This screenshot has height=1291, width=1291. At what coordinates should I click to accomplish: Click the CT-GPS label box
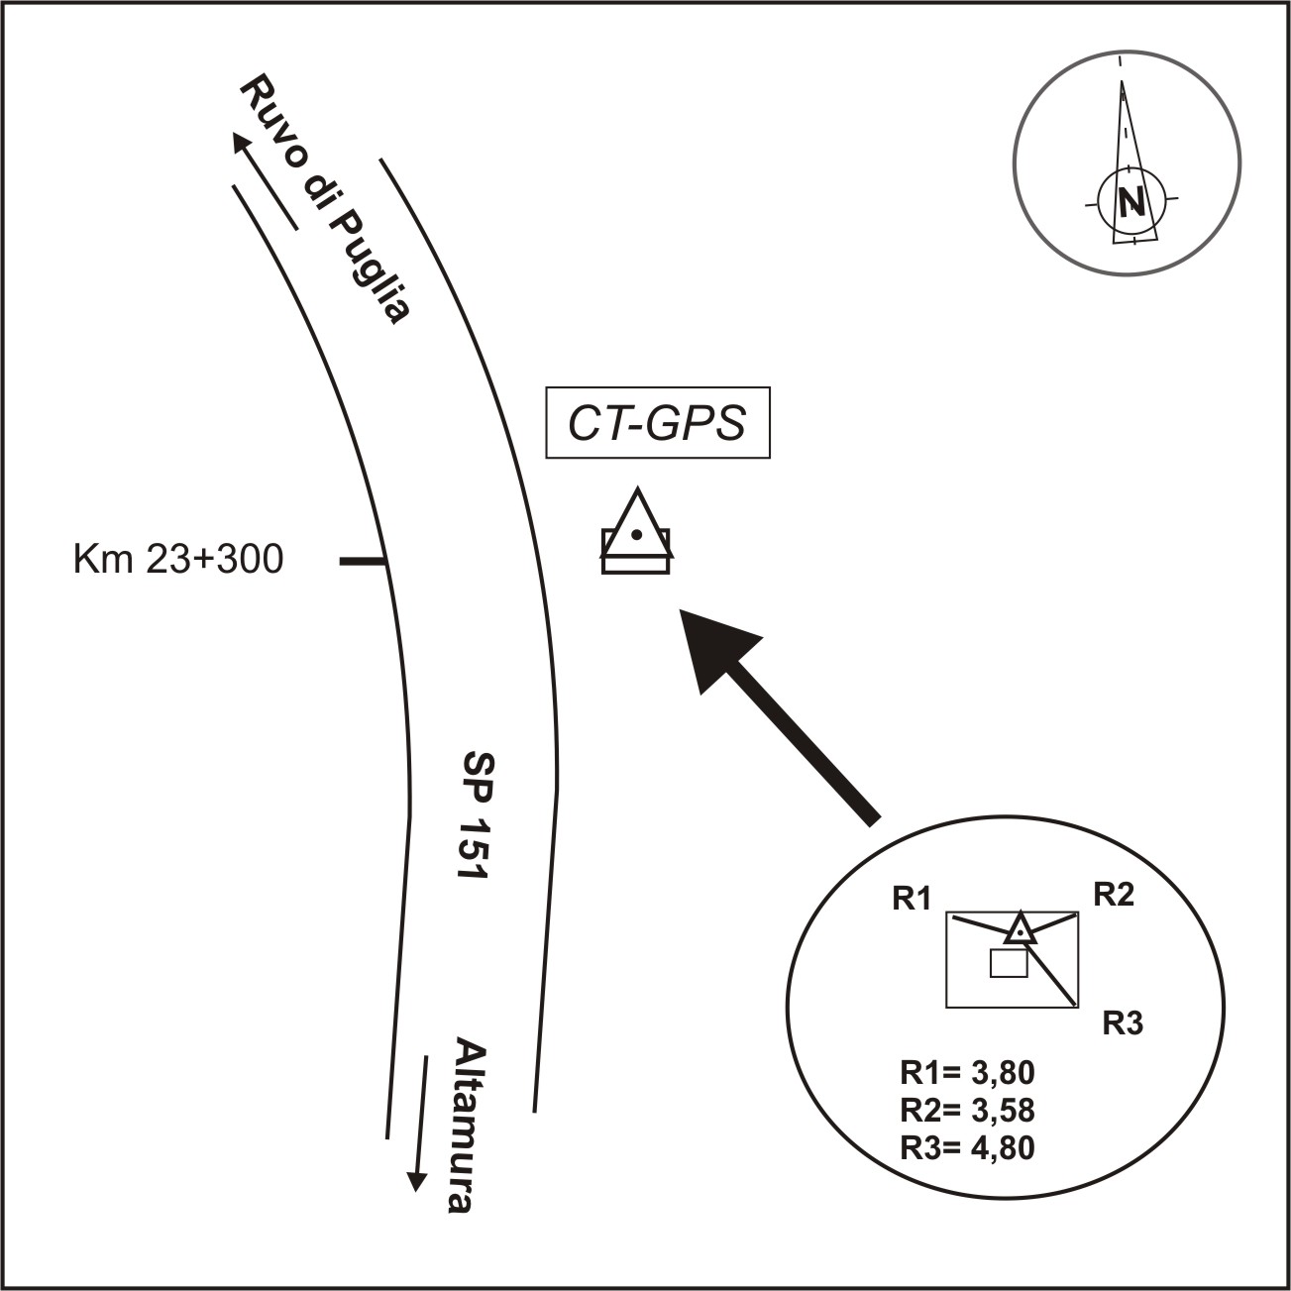click(658, 423)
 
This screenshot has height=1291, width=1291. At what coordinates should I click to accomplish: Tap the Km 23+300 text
click(178, 560)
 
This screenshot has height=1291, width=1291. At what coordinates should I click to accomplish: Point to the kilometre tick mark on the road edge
click(362, 562)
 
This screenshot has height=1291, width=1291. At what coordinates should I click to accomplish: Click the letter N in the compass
click(1130, 202)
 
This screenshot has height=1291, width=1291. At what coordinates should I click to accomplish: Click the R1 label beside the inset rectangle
click(912, 900)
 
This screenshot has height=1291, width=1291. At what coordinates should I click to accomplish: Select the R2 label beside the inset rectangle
click(1113, 895)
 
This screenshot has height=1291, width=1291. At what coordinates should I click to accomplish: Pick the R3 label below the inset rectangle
click(1124, 1023)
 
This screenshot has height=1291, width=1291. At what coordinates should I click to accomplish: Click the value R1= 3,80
click(967, 1073)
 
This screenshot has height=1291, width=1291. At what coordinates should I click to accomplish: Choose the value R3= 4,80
click(967, 1147)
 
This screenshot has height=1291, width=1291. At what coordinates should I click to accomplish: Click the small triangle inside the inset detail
click(1021, 930)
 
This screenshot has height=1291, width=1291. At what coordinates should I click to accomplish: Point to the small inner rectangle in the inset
click(1009, 963)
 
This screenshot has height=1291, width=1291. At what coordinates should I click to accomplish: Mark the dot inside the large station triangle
click(636, 535)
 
